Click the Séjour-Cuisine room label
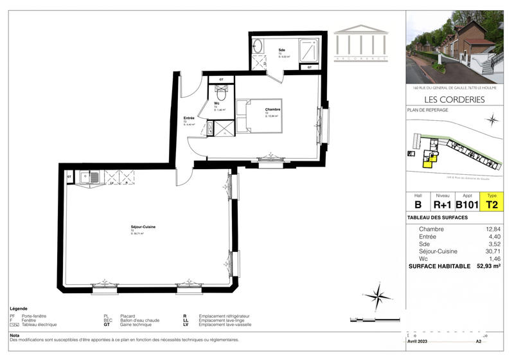click(x=143, y=227)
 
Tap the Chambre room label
click(x=273, y=109)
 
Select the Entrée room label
click(x=189, y=118)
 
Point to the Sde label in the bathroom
click(x=282, y=50)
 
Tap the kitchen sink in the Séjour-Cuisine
click(x=93, y=176)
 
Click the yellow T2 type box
click(x=492, y=205)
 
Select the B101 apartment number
click(x=468, y=205)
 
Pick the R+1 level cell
click(x=443, y=205)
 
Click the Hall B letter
click(x=418, y=205)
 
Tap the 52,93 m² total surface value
click(x=487, y=265)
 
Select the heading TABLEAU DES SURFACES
click(x=438, y=217)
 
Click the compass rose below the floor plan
click(x=380, y=296)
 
